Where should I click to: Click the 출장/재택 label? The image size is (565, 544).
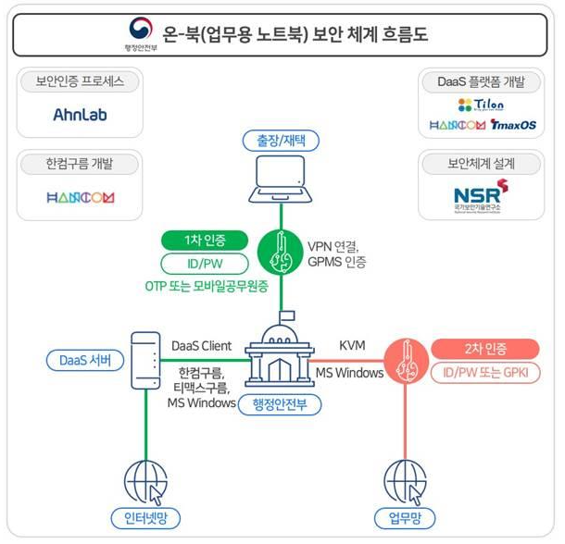pyautogui.click(x=281, y=142)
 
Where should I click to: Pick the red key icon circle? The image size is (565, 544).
pyautogui.click(x=403, y=361)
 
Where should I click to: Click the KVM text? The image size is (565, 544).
pyautogui.click(x=352, y=345)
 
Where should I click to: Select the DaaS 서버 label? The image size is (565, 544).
pyautogui.click(x=85, y=360)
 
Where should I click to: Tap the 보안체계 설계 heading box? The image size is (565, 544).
pyautogui.click(x=482, y=164)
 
